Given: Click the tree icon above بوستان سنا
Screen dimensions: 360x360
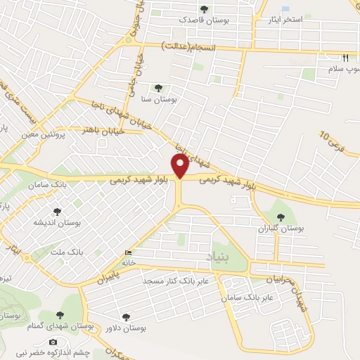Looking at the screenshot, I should [160, 89].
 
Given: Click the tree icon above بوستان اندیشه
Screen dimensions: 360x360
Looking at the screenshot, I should [57, 211].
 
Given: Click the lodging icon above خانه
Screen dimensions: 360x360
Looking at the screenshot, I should [127, 253].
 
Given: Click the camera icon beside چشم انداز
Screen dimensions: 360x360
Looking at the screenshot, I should [53, 342].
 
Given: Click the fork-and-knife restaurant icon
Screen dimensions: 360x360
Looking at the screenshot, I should [345, 58].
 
